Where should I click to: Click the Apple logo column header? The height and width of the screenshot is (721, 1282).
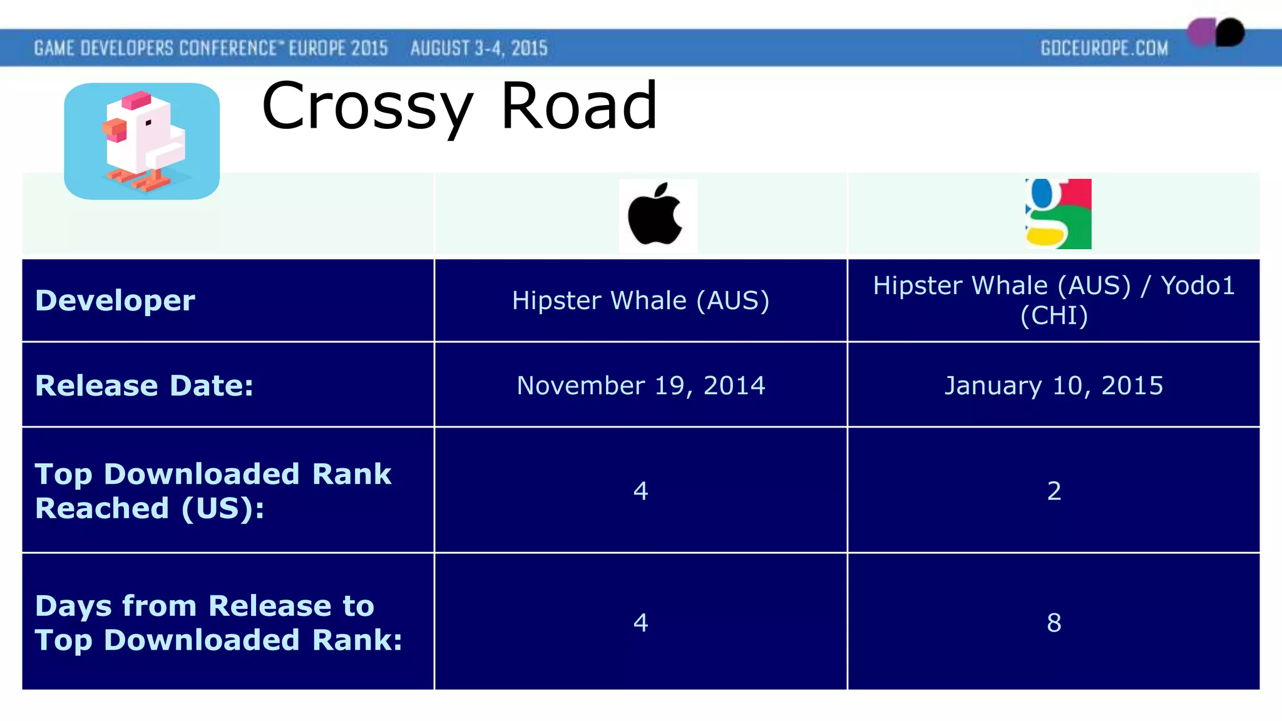click(657, 215)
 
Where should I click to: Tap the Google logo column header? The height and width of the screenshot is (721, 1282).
click(1058, 214)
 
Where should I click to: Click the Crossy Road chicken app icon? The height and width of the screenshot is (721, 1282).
click(142, 141)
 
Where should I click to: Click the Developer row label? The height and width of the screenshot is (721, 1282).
click(115, 300)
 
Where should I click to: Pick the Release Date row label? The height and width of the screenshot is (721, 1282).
click(145, 386)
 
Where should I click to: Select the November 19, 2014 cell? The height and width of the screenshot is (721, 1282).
click(640, 386)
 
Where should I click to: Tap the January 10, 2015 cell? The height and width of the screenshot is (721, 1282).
click(1054, 386)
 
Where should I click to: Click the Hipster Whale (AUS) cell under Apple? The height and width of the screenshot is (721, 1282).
click(640, 300)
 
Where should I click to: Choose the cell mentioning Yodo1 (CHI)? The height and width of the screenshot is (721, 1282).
click(1054, 300)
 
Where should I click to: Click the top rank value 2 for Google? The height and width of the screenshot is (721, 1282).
click(1054, 491)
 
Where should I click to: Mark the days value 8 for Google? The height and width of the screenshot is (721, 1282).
click(1054, 623)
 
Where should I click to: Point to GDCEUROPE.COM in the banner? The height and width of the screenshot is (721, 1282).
click(1104, 48)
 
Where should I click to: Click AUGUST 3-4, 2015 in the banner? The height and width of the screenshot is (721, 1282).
click(479, 48)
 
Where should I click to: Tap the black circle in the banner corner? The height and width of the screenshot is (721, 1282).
click(1231, 32)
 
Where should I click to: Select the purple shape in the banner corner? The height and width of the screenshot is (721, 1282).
click(1201, 32)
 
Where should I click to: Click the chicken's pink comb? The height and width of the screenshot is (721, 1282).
click(136, 100)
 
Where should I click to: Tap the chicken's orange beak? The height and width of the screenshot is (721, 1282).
click(115, 130)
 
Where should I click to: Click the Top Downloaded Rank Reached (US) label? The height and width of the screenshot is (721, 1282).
click(213, 491)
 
